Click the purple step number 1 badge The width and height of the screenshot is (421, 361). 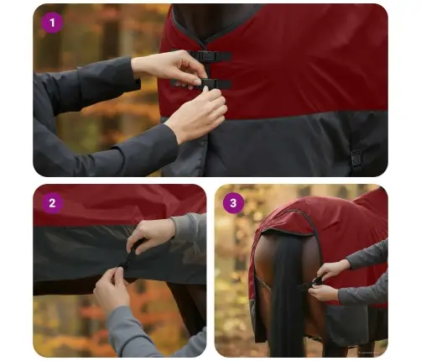click(52, 23)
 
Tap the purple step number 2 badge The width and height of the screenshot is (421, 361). click(52, 202)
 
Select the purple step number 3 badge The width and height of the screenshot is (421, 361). click(233, 202)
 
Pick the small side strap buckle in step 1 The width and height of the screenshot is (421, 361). click(356, 157)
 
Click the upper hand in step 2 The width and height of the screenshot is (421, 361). click(151, 233)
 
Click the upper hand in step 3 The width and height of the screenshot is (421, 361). click(333, 269)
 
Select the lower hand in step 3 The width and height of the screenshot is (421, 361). click(324, 293)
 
